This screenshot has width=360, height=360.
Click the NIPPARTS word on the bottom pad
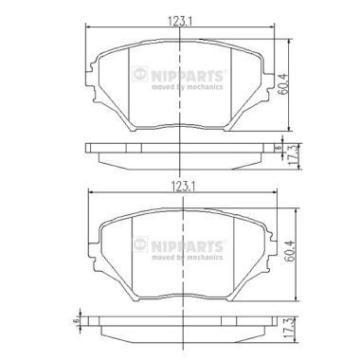pyautogui.click(x=193, y=245)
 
